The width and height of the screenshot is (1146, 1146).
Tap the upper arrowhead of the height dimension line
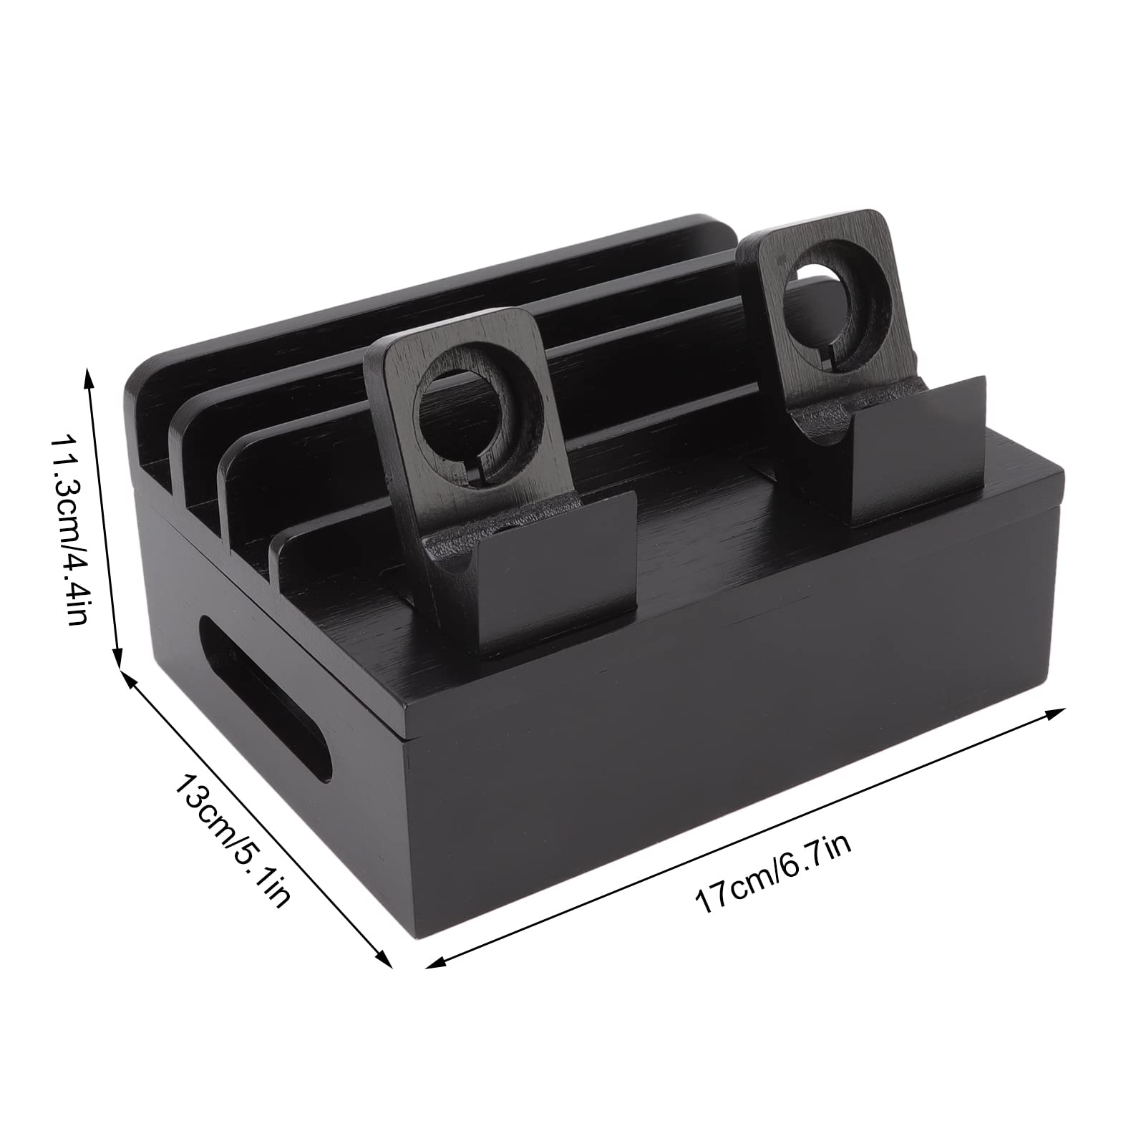click(x=89, y=376)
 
